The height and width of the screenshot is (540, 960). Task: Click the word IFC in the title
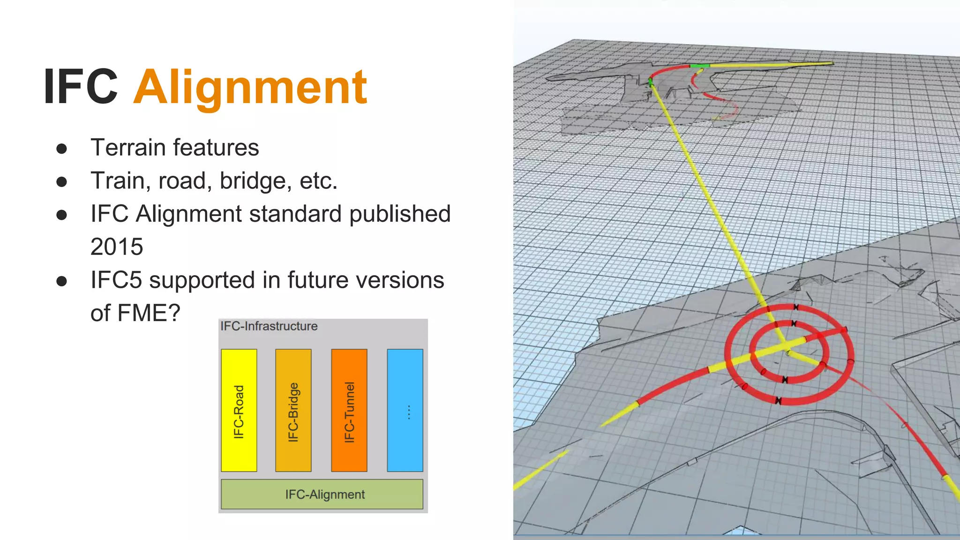[81, 87]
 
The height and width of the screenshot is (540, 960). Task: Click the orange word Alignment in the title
[250, 87]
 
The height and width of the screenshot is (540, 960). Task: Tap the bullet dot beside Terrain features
[61, 149]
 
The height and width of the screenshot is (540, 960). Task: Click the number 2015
[117, 247]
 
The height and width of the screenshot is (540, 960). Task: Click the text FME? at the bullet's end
[149, 313]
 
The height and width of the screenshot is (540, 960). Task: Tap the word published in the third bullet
[400, 214]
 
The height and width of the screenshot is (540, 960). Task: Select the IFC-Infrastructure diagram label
[269, 326]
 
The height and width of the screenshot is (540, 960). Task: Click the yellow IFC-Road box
[239, 410]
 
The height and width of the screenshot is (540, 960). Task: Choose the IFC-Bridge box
[293, 410]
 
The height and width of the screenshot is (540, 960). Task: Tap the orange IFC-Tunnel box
[349, 410]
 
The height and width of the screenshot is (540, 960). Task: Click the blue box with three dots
[405, 410]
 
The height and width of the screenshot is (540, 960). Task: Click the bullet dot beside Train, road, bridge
[61, 182]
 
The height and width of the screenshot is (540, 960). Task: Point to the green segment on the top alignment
[699, 66]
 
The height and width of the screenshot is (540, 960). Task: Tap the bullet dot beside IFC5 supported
[61, 281]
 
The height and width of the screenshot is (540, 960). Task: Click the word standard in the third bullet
[296, 214]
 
